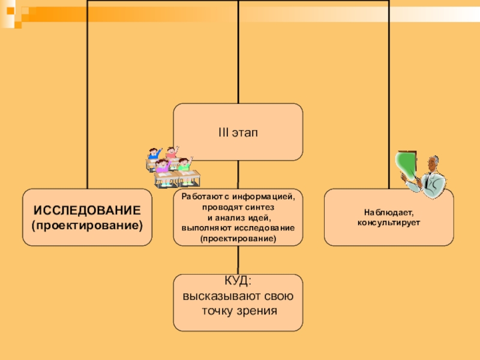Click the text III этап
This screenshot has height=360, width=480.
[x=238, y=131]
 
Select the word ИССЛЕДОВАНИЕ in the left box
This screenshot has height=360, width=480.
[x=87, y=211]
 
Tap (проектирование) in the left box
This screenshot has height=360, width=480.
[x=87, y=226]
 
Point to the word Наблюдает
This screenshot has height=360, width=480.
[x=388, y=213]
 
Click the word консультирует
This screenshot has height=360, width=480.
[x=388, y=222]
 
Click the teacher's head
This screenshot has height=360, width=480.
[x=433, y=163]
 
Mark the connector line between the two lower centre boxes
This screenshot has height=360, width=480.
[x=238, y=259]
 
